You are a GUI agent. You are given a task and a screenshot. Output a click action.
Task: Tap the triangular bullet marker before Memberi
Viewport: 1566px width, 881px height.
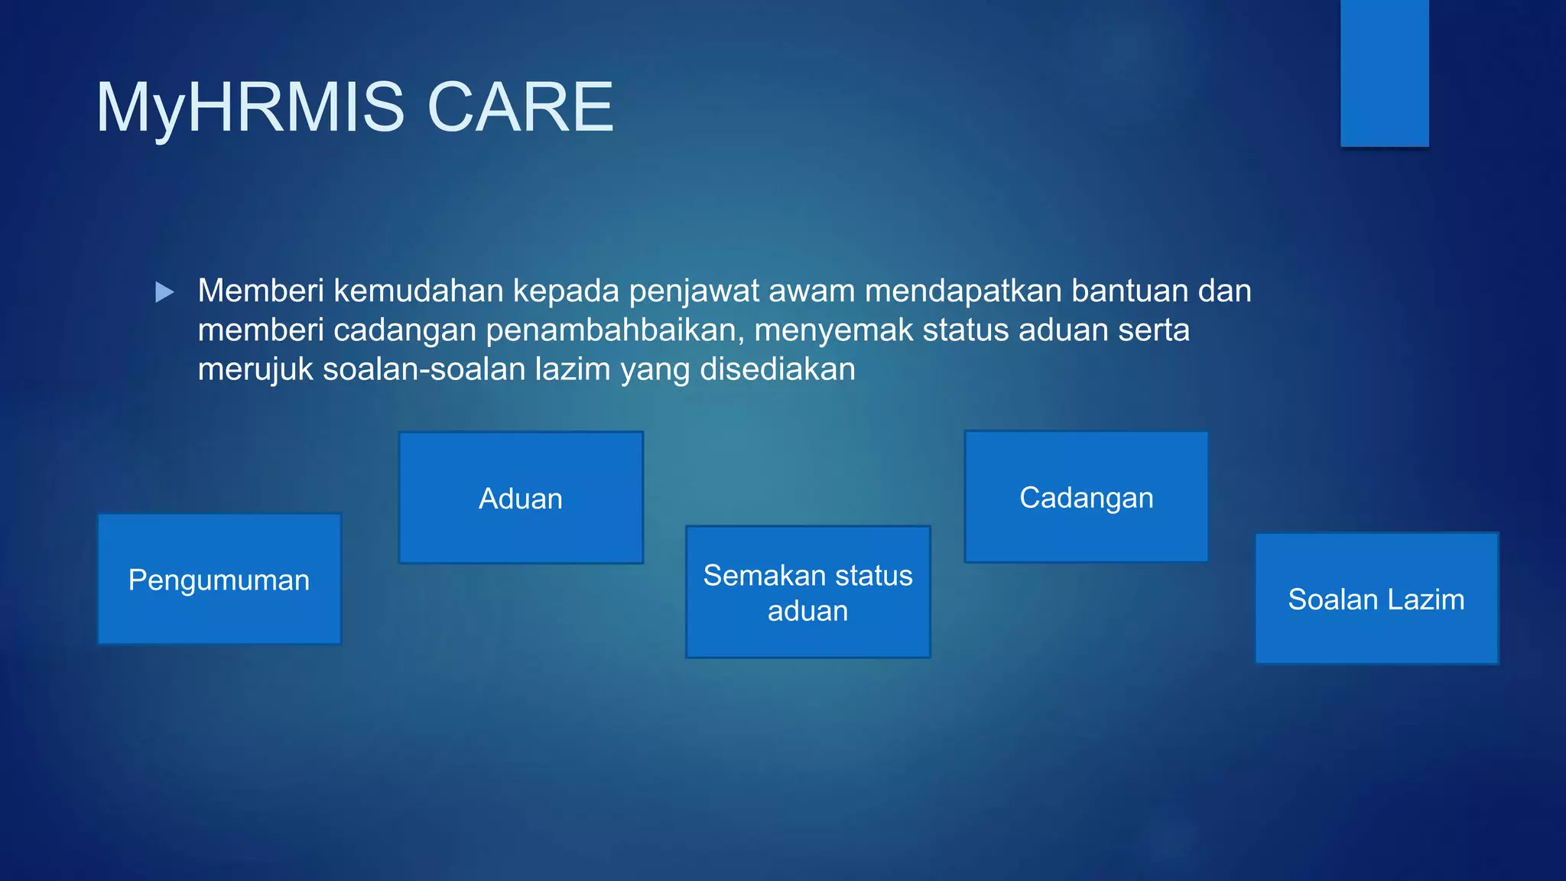pyautogui.click(x=164, y=292)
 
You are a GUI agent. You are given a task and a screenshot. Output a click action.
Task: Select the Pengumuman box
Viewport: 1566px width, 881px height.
pyautogui.click(x=219, y=579)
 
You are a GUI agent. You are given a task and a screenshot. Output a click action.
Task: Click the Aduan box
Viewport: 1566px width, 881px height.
pyautogui.click(x=521, y=498)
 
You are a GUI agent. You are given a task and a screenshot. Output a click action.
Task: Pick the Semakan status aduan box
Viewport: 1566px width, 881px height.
pyautogui.click(x=808, y=592)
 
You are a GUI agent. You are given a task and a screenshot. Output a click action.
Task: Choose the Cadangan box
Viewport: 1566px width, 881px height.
pyautogui.click(x=1087, y=497)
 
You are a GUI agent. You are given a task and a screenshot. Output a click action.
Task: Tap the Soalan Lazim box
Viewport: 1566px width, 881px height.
pyautogui.click(x=1376, y=599)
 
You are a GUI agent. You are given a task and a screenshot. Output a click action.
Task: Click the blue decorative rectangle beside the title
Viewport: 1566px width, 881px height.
pyautogui.click(x=1384, y=73)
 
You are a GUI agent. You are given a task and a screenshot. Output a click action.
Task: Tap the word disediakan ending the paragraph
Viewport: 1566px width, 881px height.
pyautogui.click(x=777, y=369)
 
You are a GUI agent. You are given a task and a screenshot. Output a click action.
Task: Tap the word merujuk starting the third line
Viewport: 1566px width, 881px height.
pyautogui.click(x=255, y=369)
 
